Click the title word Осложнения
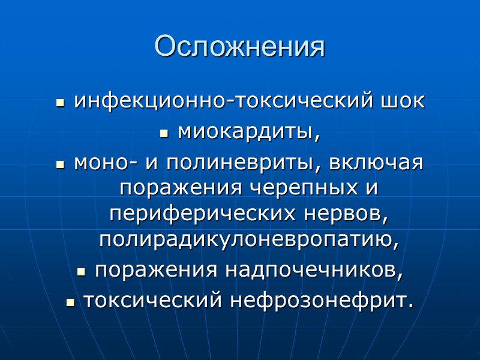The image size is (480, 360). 239,46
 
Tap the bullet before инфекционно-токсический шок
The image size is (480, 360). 59,103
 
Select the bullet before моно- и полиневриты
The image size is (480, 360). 59,165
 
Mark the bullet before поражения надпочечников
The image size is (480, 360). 81,272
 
